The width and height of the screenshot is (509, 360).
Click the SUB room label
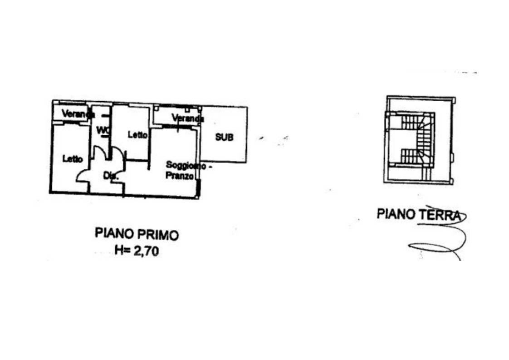(224, 137)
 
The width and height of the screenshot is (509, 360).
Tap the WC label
(103, 130)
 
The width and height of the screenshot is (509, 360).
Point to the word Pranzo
(180, 176)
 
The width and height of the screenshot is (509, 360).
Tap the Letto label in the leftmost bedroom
(73, 159)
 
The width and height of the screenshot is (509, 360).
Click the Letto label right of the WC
(137, 135)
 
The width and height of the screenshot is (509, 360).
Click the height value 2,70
(146, 250)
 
